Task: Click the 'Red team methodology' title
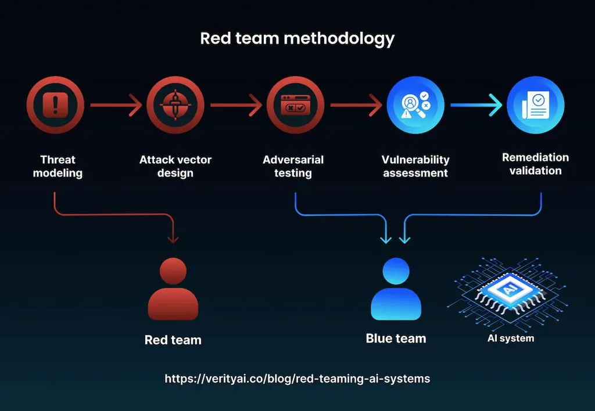(297, 38)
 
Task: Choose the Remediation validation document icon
(535, 105)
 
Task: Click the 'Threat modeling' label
(58, 166)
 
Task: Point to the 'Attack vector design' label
(175, 166)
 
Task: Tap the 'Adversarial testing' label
(293, 166)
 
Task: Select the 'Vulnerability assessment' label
(415, 166)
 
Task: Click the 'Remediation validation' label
(535, 164)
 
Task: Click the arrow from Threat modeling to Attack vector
(116, 106)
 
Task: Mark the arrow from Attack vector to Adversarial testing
(235, 106)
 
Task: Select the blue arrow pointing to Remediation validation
(476, 106)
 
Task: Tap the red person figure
(173, 289)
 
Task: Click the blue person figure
(396, 289)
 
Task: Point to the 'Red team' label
(173, 340)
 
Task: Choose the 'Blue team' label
(396, 338)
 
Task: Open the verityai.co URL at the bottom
(297, 378)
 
